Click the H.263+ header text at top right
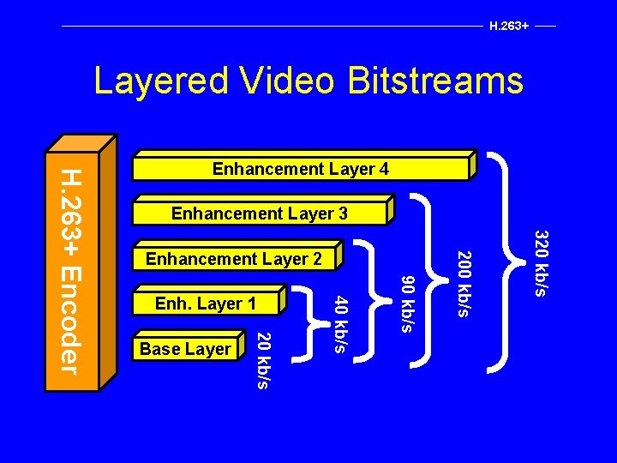click(508, 26)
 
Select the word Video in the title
click(279, 81)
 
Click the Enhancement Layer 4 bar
click(300, 169)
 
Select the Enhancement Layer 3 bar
click(259, 213)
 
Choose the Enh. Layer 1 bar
click(206, 304)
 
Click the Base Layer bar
click(185, 349)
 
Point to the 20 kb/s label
click(264, 359)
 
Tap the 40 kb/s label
click(340, 323)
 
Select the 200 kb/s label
click(462, 283)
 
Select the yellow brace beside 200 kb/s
click(428, 283)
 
